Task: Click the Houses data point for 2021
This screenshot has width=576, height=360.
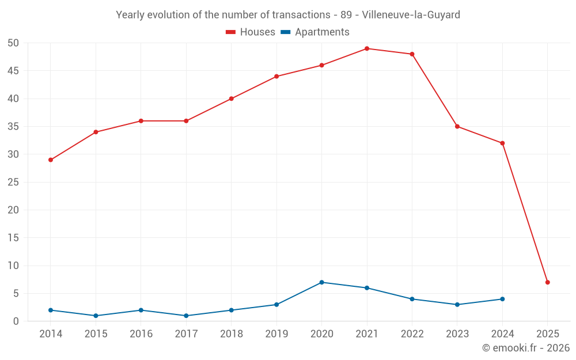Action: [x=367, y=48]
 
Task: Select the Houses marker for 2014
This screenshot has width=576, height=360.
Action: [x=51, y=160]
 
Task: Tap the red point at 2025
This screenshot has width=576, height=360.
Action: [x=548, y=282]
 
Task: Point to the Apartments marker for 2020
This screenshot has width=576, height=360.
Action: [x=321, y=282]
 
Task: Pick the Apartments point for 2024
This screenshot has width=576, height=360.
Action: [x=502, y=299]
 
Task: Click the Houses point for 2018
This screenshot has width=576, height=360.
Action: [x=232, y=98]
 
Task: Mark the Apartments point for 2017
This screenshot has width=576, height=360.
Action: [x=186, y=316]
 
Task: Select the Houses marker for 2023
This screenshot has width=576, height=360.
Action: [x=457, y=126]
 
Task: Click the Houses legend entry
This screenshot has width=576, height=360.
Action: [x=251, y=32]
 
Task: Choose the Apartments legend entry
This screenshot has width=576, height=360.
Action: [x=315, y=32]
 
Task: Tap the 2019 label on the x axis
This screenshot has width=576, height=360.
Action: [x=276, y=334]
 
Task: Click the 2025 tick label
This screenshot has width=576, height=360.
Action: [x=548, y=334]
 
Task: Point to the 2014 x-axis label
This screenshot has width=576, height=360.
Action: [x=51, y=334]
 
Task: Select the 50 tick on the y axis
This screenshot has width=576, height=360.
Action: [x=14, y=43]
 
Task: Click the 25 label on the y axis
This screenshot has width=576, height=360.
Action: [x=14, y=182]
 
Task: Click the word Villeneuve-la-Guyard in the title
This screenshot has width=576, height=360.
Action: [x=411, y=15]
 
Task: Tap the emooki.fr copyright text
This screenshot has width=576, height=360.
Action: [x=526, y=348]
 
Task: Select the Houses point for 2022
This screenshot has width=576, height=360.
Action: [x=412, y=54]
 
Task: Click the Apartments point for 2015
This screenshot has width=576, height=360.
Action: [x=96, y=316]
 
